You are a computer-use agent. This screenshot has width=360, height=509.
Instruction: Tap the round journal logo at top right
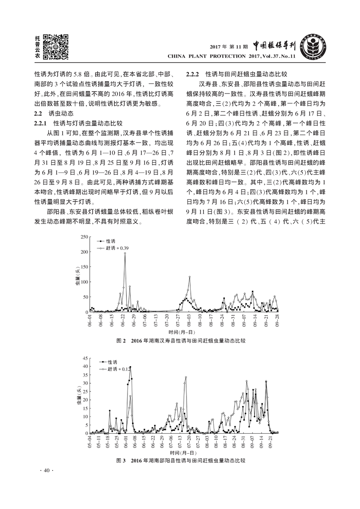click(x=313, y=48)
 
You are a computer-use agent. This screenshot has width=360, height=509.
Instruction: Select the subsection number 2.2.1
click(x=43, y=123)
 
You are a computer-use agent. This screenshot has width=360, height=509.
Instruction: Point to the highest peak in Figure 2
click(x=125, y=253)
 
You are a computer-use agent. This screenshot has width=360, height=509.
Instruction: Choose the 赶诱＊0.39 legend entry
click(x=117, y=248)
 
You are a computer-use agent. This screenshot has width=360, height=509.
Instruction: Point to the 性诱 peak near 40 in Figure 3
click(x=130, y=367)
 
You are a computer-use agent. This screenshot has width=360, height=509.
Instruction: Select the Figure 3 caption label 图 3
click(x=120, y=460)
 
